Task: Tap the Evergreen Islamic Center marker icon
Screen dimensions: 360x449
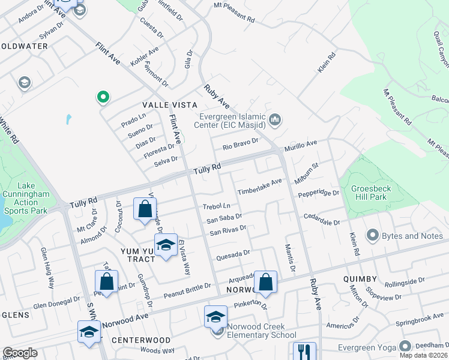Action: point(276,120)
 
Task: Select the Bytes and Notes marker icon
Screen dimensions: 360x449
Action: point(373,236)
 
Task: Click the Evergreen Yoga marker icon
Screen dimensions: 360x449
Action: point(406,346)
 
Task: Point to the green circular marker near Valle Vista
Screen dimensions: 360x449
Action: point(103,97)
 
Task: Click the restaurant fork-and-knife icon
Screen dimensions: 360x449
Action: point(305,350)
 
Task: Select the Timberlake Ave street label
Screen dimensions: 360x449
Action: point(259,187)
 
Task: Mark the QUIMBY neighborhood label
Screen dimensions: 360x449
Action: point(360,279)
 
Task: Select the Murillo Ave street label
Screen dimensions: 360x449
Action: point(300,145)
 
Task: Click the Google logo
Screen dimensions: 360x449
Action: point(20,353)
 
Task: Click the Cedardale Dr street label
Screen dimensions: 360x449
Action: point(322,219)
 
